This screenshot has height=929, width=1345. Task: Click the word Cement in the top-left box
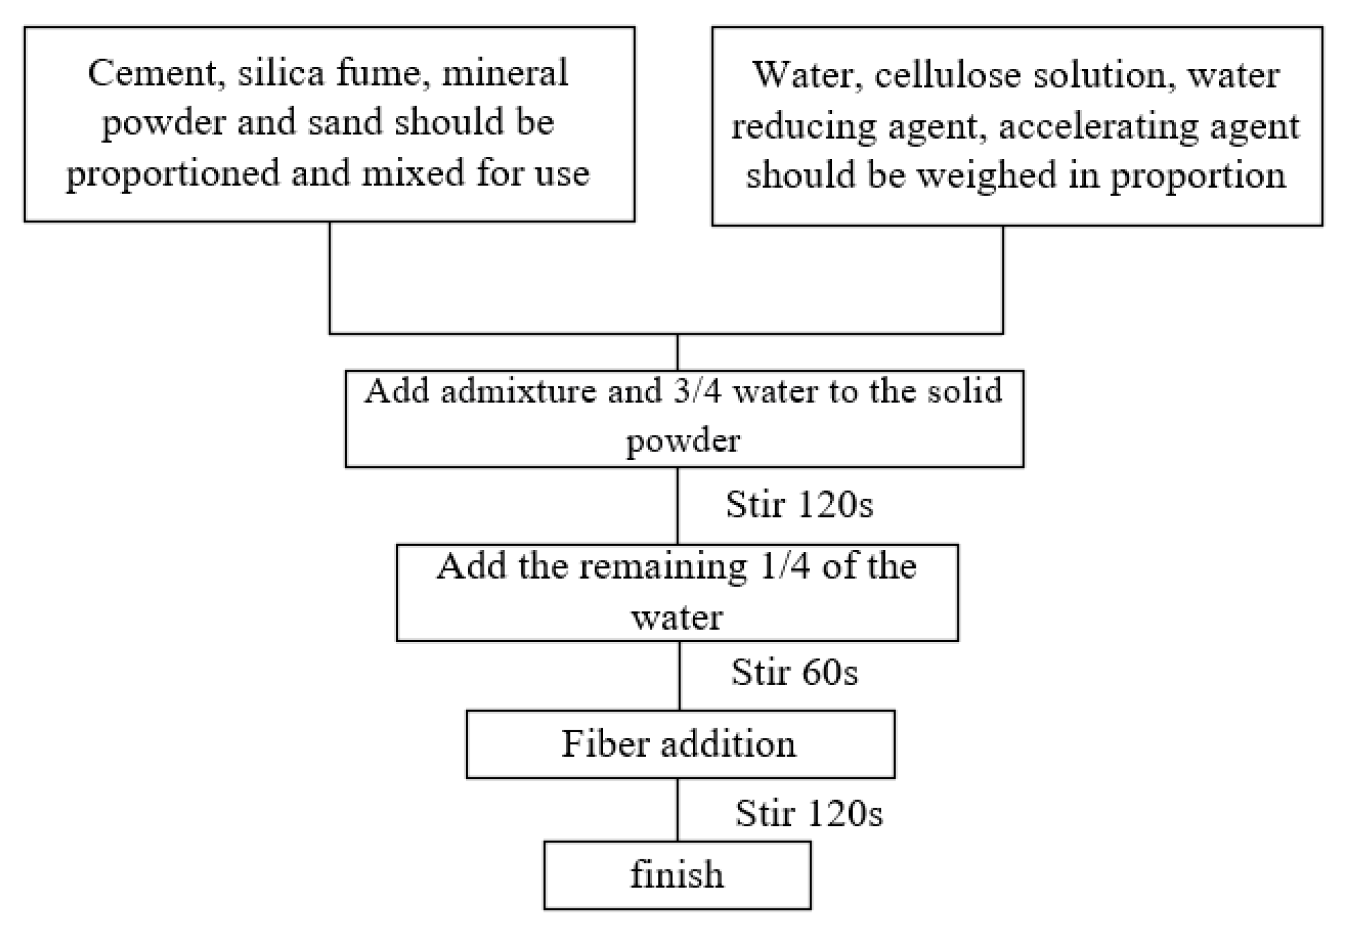(x=152, y=73)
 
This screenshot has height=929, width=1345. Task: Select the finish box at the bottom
(x=676, y=875)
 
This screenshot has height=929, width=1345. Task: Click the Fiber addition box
(x=679, y=743)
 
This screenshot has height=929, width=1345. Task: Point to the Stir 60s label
(x=794, y=673)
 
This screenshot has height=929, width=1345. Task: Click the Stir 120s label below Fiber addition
(x=808, y=813)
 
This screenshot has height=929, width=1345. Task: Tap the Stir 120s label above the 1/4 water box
(x=799, y=505)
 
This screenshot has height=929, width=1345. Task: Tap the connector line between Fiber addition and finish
(x=677, y=810)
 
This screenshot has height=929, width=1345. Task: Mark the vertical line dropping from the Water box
(x=1002, y=278)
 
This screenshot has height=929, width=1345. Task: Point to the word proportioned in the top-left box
(x=173, y=174)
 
